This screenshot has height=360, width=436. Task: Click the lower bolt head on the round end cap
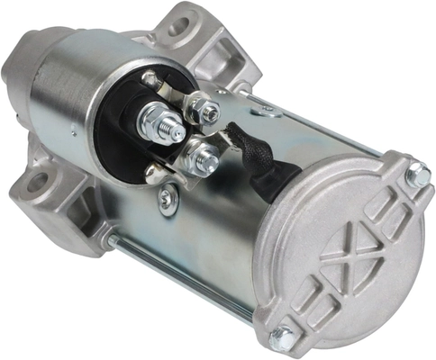[x=282, y=337]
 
